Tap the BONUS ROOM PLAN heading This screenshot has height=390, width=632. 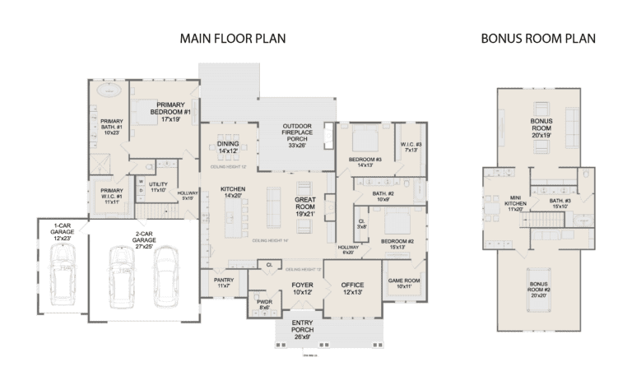(x=538, y=39)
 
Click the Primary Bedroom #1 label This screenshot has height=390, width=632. (x=170, y=110)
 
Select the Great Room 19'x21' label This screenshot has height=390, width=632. (x=306, y=205)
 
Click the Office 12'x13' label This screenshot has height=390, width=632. (x=353, y=289)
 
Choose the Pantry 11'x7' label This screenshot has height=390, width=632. (x=224, y=282)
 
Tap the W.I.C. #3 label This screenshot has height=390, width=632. (x=411, y=147)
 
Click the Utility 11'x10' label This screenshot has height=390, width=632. (x=158, y=187)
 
